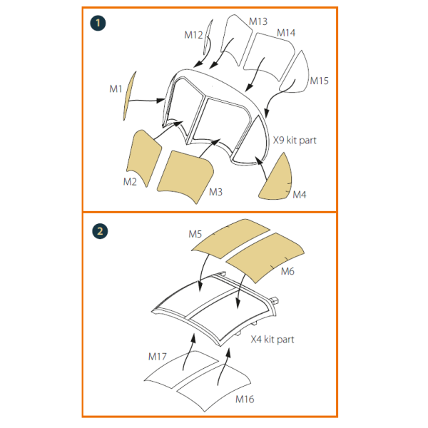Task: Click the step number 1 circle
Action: click(98, 24)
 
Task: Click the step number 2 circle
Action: click(100, 231)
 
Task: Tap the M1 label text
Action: click(116, 88)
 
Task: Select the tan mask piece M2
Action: click(143, 158)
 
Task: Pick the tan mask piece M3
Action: click(185, 176)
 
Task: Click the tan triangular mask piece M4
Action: click(275, 178)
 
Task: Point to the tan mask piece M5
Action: click(230, 238)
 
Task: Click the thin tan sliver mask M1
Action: click(129, 96)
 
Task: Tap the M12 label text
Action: click(193, 35)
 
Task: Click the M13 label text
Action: click(258, 21)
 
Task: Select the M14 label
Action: click(286, 33)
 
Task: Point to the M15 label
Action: click(319, 81)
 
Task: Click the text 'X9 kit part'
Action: click(295, 141)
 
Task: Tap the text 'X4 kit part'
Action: click(272, 340)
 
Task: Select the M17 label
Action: click(157, 357)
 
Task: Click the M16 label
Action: click(245, 399)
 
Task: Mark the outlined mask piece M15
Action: click(294, 71)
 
